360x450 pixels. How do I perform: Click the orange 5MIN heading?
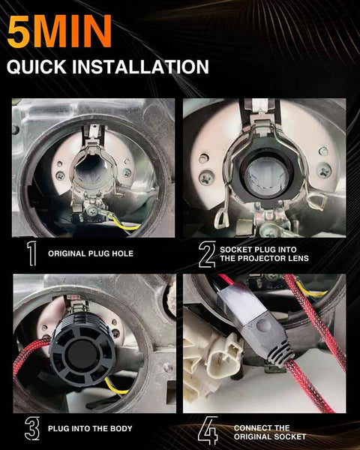point(59,31)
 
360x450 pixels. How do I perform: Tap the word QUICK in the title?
point(37,67)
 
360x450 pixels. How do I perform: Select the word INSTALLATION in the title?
point(140,67)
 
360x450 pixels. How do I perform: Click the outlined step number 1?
point(31,253)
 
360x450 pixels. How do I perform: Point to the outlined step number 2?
point(207,254)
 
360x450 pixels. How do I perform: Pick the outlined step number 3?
point(32,428)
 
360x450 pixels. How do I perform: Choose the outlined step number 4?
point(208,431)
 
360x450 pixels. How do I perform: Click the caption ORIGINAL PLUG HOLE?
point(91,253)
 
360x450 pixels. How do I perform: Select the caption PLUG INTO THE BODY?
point(90,428)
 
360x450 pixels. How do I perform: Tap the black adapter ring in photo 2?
point(267,175)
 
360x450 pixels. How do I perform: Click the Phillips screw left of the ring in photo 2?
point(206,178)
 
